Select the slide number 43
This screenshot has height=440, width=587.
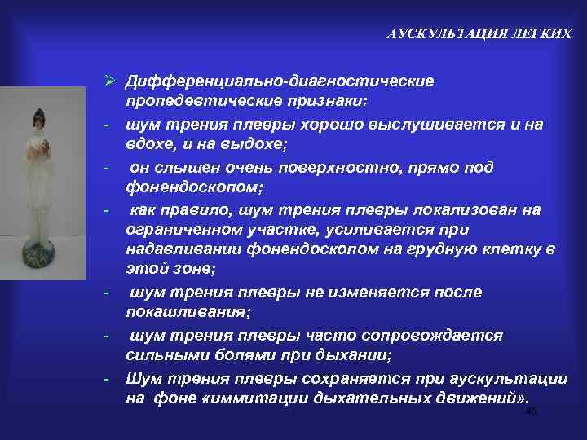(532, 411)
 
